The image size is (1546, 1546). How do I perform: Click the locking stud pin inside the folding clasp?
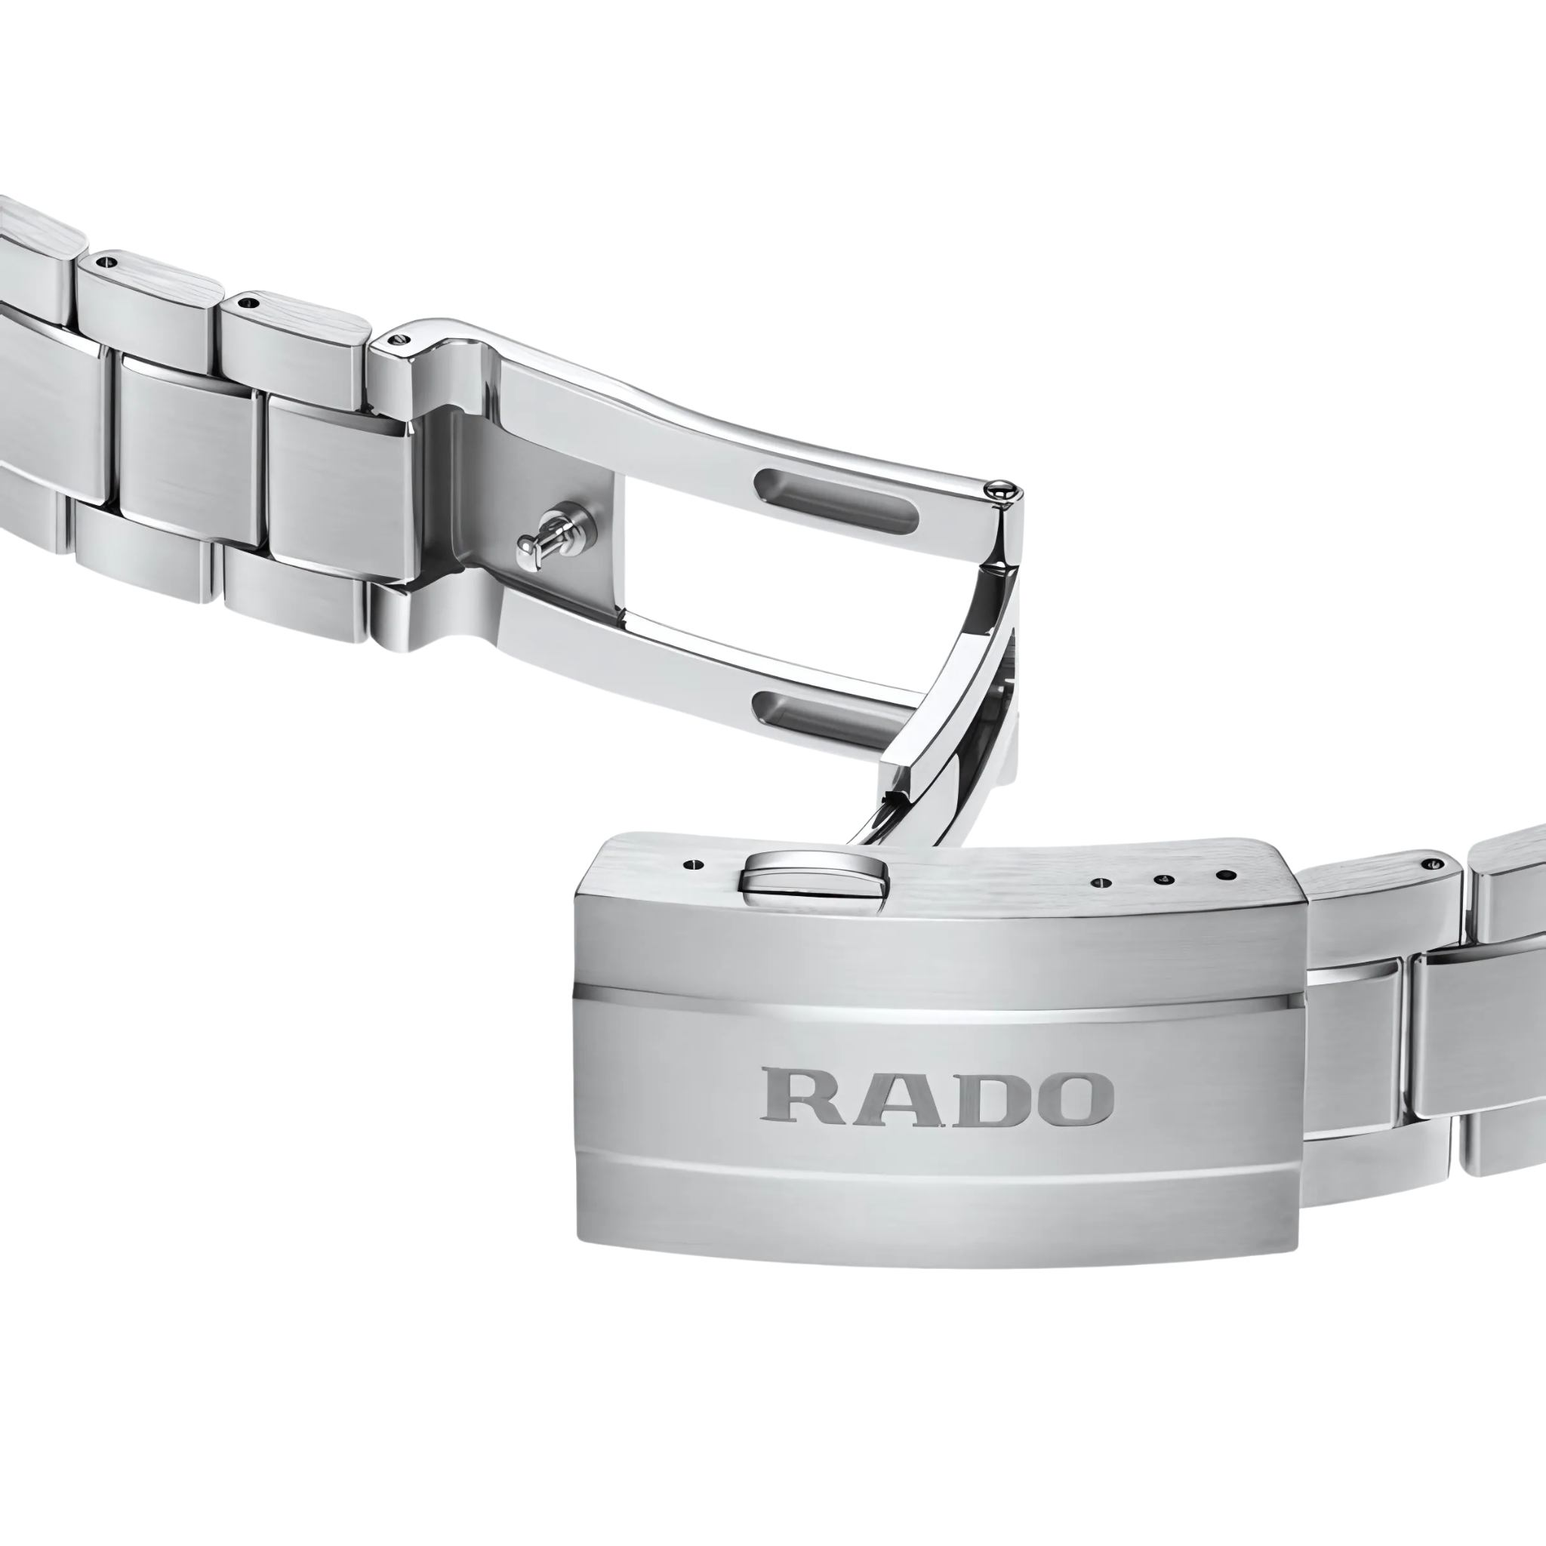[548, 537]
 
